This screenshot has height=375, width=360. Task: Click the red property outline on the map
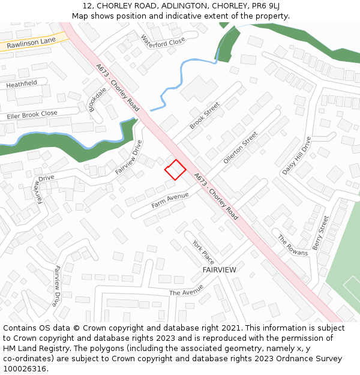175,170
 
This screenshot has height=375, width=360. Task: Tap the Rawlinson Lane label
31,42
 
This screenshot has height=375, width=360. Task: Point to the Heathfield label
22,84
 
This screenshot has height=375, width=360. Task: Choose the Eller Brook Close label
32,115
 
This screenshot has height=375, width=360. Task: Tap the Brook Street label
205,115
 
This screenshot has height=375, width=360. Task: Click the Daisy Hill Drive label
296,155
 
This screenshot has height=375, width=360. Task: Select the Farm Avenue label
170,200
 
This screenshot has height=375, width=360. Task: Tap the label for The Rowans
292,245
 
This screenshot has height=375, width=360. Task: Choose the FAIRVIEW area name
219,270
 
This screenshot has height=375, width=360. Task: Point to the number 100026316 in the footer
24,369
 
